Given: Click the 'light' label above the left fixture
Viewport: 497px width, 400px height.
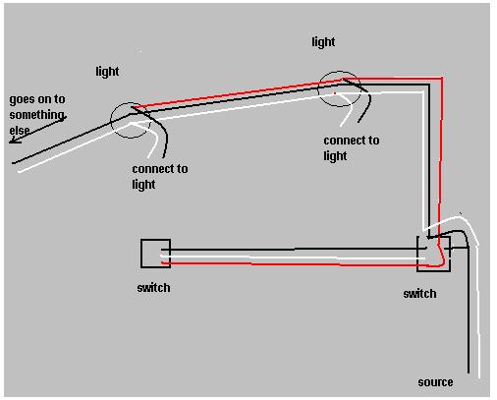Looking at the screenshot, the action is (107, 72).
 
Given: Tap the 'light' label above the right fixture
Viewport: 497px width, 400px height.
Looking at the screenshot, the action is (323, 42).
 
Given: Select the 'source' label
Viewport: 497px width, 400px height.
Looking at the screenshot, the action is (435, 382).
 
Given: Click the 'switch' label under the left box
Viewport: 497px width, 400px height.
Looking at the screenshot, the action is (153, 288).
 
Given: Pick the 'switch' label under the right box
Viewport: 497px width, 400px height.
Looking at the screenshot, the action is (419, 294).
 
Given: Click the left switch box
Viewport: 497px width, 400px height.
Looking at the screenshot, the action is (141, 254).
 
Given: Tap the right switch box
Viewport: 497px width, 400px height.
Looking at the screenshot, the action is (417, 254).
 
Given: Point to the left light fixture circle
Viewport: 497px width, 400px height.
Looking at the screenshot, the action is (111, 120).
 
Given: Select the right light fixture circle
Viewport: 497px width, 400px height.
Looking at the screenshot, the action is (318, 88).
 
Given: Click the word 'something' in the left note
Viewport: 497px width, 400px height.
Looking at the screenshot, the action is (36, 115).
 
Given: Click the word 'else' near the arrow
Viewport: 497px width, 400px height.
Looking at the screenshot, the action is (20, 131).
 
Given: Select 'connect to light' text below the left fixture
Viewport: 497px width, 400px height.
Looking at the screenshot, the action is (160, 176).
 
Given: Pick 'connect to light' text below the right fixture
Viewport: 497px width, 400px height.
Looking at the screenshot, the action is (352, 147).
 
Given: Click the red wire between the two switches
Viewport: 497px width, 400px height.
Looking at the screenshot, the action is (295, 264).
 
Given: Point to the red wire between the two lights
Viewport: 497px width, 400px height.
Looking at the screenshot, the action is (238, 93).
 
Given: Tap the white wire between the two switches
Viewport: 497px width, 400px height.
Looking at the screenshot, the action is (293, 257).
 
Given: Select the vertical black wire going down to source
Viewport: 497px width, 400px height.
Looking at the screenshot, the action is (469, 308).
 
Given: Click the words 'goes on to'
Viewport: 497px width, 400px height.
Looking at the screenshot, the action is (37, 99).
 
